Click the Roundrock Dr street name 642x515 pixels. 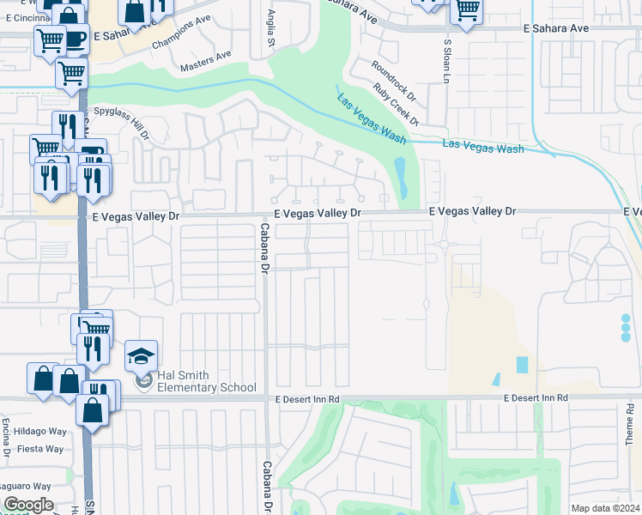pyautogui.click(x=393, y=78)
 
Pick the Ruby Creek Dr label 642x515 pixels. pyautogui.click(x=397, y=105)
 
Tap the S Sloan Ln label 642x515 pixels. pyautogui.click(x=446, y=60)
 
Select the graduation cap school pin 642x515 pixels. pyautogui.click(x=142, y=355)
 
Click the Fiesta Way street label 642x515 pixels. pyautogui.click(x=42, y=449)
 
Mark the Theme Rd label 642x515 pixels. pyautogui.click(x=629, y=429)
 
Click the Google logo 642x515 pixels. pyautogui.click(x=28, y=505)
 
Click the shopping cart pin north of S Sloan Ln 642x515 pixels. pyautogui.click(x=466, y=11)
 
